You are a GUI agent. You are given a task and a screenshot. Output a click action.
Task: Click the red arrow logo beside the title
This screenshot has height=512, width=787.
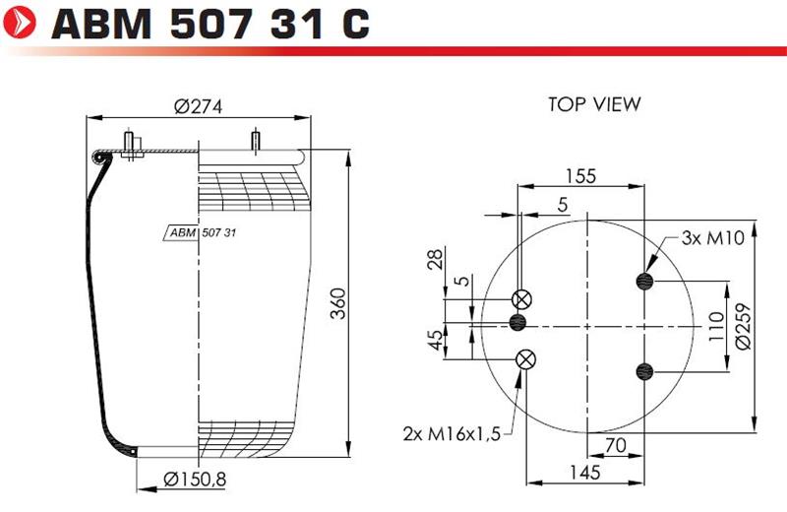20,23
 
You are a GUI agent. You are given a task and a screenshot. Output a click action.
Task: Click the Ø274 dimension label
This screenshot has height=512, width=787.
199,106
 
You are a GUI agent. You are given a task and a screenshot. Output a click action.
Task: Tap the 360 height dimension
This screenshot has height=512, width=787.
338,303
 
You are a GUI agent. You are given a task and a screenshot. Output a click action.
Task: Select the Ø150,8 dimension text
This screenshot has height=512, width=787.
195,480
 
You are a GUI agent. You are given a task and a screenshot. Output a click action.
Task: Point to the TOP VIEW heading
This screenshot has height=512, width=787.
594,104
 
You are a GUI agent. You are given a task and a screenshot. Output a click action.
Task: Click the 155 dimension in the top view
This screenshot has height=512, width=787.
580,176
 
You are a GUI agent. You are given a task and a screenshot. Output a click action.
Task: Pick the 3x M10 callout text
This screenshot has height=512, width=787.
712,237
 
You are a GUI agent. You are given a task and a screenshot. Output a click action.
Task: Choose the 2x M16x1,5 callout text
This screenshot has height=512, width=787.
452,433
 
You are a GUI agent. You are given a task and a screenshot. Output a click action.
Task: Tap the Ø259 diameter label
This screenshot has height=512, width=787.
744,326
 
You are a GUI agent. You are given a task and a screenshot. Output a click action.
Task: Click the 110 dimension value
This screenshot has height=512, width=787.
716,326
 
